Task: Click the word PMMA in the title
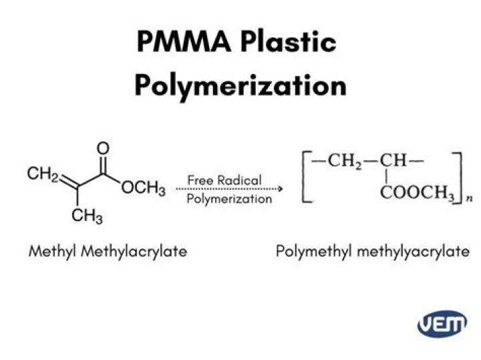(184, 41)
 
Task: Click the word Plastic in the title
(289, 41)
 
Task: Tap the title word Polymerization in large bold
(240, 86)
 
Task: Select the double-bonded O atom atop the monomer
(103, 148)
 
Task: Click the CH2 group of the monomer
(43, 174)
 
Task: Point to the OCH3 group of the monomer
(143, 188)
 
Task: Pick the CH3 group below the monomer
(87, 216)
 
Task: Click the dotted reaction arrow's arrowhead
(280, 188)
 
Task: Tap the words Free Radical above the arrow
(224, 180)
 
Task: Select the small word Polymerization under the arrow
(229, 199)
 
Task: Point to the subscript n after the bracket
(470, 199)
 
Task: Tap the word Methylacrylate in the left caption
(134, 252)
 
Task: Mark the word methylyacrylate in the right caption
(414, 252)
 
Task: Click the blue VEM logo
(442, 323)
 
